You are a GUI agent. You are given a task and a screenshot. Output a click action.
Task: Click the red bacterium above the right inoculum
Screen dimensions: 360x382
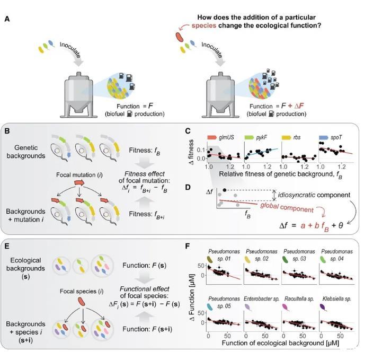tap(181, 37)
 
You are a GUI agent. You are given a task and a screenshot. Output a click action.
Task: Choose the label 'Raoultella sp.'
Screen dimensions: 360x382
tap(301, 300)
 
